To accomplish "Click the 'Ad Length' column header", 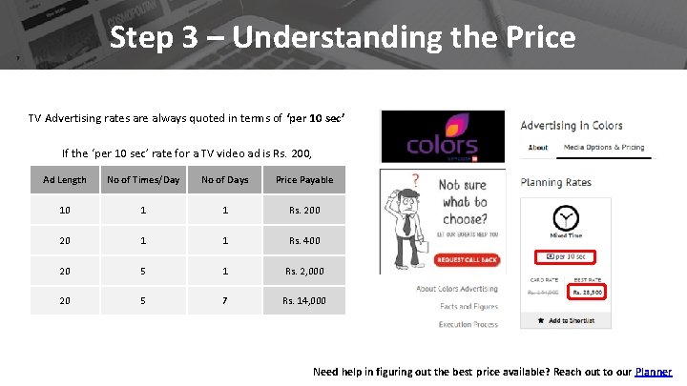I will point(65,180).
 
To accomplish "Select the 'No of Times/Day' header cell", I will point(143,180).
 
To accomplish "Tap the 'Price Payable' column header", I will point(304,180).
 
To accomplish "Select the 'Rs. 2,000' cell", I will point(303,272).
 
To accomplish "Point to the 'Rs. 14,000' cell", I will point(303,301).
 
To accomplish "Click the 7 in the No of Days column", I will point(225,301).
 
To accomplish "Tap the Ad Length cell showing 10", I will point(65,210).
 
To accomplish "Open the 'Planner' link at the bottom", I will point(654,372).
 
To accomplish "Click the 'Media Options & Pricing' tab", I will point(604,148).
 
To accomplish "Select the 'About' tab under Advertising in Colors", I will point(538,148).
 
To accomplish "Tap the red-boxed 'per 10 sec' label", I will point(568,256).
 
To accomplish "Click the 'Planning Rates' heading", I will point(555,182).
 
